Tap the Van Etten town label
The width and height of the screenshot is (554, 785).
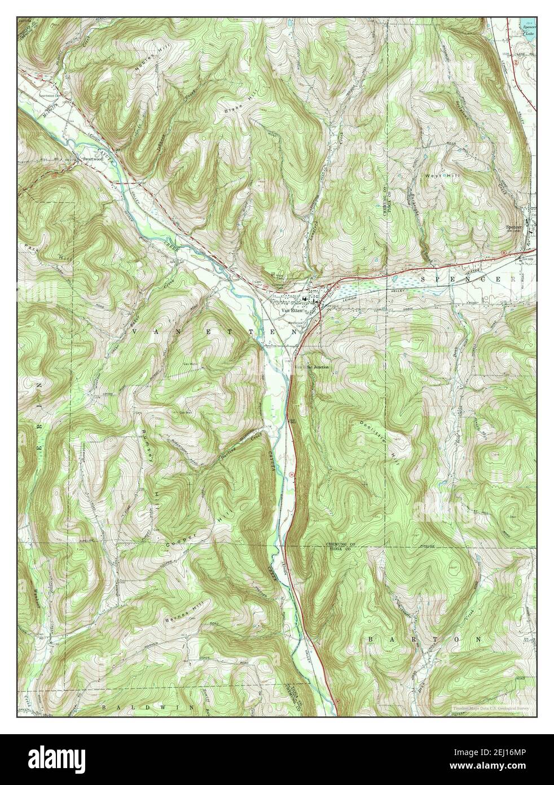point(292,310)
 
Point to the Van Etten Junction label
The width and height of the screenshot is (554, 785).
point(311,367)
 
